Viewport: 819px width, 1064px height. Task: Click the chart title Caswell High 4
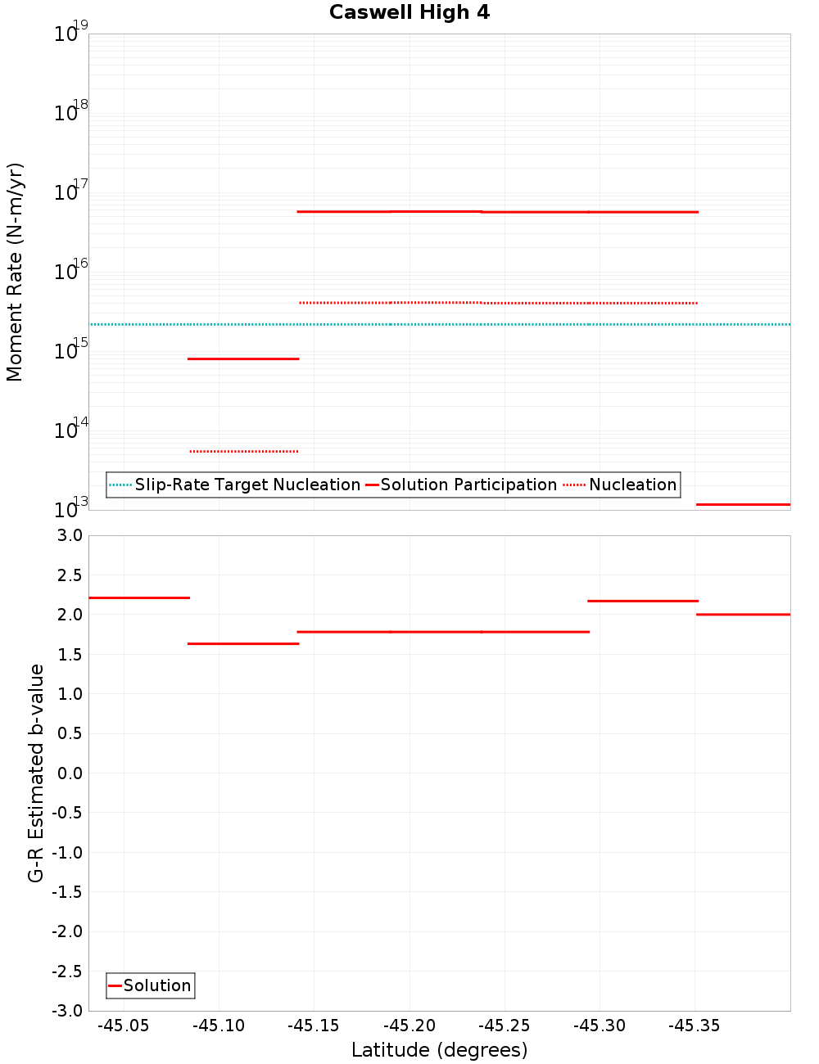[409, 12]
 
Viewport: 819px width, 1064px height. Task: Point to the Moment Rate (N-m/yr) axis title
[15, 272]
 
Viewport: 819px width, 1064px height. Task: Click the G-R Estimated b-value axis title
[36, 773]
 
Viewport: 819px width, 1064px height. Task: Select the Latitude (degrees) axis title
[439, 1050]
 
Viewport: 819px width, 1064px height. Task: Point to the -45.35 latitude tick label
[695, 1026]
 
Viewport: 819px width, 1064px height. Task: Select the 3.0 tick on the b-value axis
[67, 535]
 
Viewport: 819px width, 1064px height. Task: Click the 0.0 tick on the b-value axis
[67, 773]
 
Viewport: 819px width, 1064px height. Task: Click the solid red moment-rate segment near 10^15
[243, 358]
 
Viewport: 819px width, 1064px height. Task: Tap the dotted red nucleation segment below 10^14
[243, 451]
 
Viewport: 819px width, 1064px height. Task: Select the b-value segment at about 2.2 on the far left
[139, 597]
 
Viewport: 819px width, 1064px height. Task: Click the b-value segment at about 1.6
[243, 643]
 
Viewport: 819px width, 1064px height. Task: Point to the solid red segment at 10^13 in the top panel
[743, 504]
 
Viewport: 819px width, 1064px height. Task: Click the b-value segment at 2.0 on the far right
[743, 614]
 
